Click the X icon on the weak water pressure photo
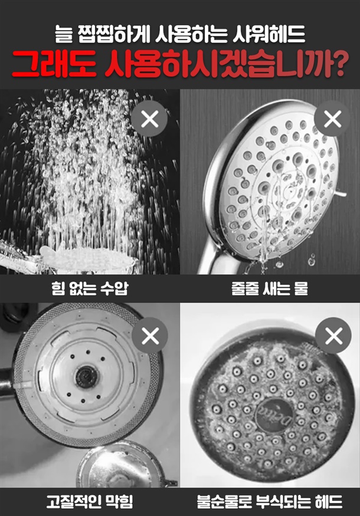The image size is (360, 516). [x=150, y=119]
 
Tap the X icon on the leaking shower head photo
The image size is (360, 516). [x=332, y=119]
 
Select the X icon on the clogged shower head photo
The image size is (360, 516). [x=150, y=336]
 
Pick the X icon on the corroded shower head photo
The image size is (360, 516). [x=333, y=336]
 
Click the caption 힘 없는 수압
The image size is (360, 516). [x=90, y=288]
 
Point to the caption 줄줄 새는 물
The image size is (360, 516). [x=270, y=288]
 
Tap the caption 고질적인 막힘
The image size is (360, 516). [x=90, y=501]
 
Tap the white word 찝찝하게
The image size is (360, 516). [x=114, y=34]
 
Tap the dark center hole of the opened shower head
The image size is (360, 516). [x=86, y=376]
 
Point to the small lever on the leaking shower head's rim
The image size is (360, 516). [x=342, y=195]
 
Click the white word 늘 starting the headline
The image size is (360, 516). [x=63, y=34]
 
